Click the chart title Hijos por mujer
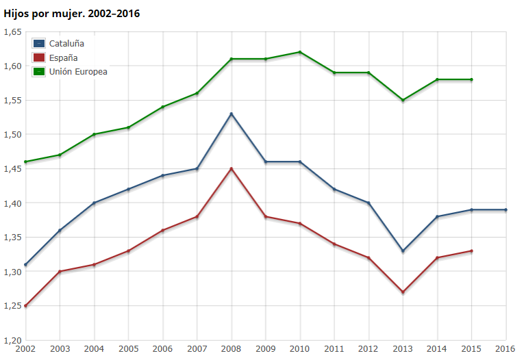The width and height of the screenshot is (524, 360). coord(72,13)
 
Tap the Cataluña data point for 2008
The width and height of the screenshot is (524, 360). coord(232,114)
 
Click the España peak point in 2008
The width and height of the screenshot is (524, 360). coord(232,168)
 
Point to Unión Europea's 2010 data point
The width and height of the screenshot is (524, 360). coord(300,52)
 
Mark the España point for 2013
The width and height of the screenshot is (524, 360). coord(403,292)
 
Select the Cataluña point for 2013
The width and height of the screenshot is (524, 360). coord(403,251)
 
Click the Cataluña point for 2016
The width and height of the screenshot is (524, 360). coord(506,209)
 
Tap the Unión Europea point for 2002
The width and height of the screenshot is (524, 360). coord(26,162)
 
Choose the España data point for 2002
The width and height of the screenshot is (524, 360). coord(26,306)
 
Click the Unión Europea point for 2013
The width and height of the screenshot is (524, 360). coord(403,100)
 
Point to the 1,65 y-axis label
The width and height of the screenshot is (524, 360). coord(12,31)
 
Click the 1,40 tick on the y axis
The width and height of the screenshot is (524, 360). coord(12,203)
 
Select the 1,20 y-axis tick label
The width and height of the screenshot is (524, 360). coord(12,340)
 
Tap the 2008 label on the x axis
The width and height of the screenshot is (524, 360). coord(232,349)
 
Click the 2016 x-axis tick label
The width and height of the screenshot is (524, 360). coord(506,349)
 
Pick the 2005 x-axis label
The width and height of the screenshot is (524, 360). coord(129,349)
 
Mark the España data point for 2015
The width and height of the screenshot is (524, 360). coord(471,251)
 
